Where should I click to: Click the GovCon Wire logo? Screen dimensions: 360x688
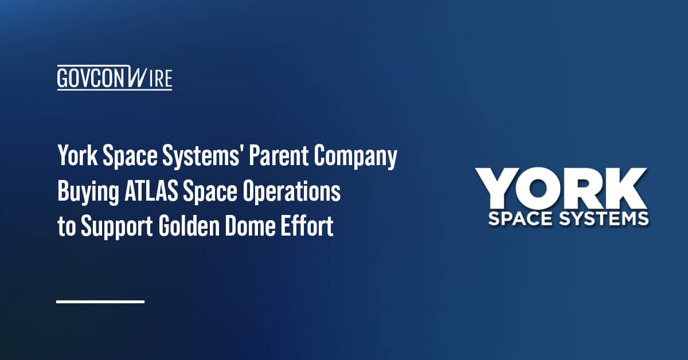(115, 77)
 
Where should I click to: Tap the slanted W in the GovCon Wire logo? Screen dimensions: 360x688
(138, 76)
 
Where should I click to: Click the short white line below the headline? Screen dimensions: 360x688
(100, 301)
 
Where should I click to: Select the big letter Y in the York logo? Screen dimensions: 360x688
(500, 190)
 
